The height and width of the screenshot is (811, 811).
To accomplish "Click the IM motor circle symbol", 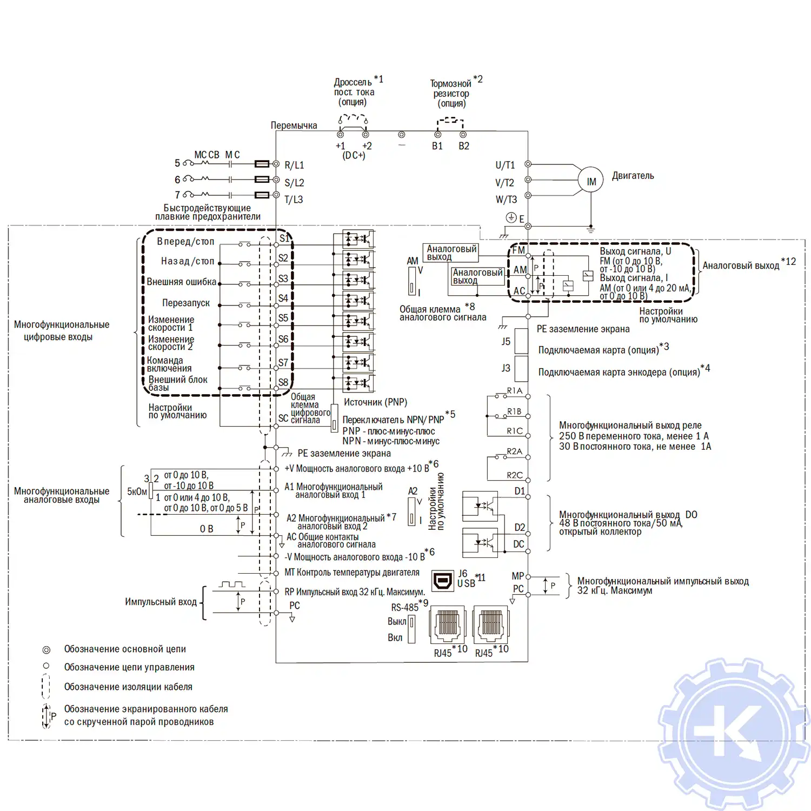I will (591, 182).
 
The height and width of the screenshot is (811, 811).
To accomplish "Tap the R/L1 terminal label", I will (294, 165).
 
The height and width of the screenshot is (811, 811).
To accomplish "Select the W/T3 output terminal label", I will (506, 200).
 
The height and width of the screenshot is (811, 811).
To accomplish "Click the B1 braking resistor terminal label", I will (437, 146).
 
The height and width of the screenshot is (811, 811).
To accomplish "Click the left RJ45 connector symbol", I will (447, 625).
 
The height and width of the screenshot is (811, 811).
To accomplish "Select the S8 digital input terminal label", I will (283, 382).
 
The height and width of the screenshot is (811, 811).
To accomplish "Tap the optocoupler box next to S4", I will (358, 300).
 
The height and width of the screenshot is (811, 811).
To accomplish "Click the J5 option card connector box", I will (521, 341).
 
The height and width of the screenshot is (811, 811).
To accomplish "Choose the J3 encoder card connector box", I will (521, 369).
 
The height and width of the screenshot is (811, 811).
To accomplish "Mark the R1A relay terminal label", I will (515, 390).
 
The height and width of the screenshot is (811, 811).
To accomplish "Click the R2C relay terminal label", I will (515, 475).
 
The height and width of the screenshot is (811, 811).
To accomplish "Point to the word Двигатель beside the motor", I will (633, 176).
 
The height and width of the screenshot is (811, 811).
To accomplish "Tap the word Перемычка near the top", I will (294, 125).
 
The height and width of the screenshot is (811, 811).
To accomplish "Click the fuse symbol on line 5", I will (262, 163).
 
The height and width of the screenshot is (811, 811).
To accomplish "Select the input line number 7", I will (177, 195).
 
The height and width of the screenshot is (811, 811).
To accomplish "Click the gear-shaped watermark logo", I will (734, 734).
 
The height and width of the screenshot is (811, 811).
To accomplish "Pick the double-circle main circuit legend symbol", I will (46, 649).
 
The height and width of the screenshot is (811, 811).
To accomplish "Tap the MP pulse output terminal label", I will (517, 576).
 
